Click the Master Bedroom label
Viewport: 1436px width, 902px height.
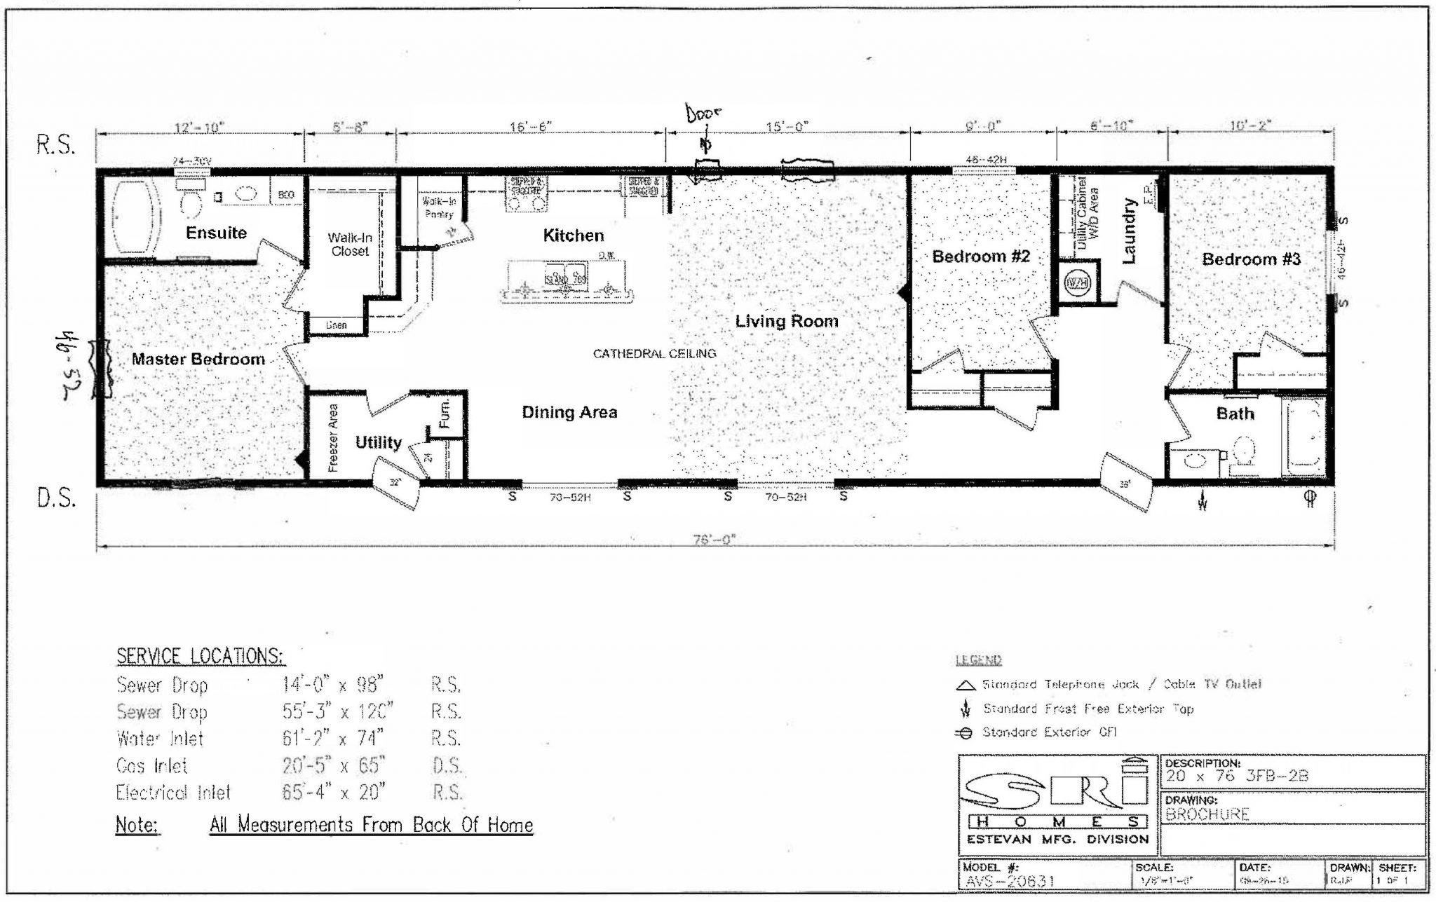198,360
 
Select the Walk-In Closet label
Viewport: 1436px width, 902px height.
349,245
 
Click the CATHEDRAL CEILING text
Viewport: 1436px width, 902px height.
654,354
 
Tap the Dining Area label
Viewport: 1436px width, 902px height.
569,412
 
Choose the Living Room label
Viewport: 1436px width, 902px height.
786,322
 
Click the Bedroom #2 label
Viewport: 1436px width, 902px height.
980,257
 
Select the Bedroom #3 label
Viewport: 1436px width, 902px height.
1251,259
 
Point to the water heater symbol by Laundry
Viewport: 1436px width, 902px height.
1075,283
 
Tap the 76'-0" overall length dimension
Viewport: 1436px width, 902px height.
714,540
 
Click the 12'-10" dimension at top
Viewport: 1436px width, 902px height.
199,128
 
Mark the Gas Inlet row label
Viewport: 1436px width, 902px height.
152,765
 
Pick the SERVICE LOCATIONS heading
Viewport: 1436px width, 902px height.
200,657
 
